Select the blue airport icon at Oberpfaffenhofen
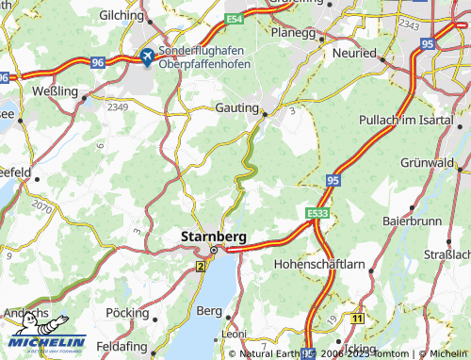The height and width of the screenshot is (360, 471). (147, 57)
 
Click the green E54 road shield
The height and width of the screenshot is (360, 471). (235, 18)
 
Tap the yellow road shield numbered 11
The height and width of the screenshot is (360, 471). (356, 319)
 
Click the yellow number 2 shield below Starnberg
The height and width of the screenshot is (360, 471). (201, 267)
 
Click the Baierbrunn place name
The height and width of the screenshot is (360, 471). (409, 220)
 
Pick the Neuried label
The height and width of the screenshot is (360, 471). (355, 54)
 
